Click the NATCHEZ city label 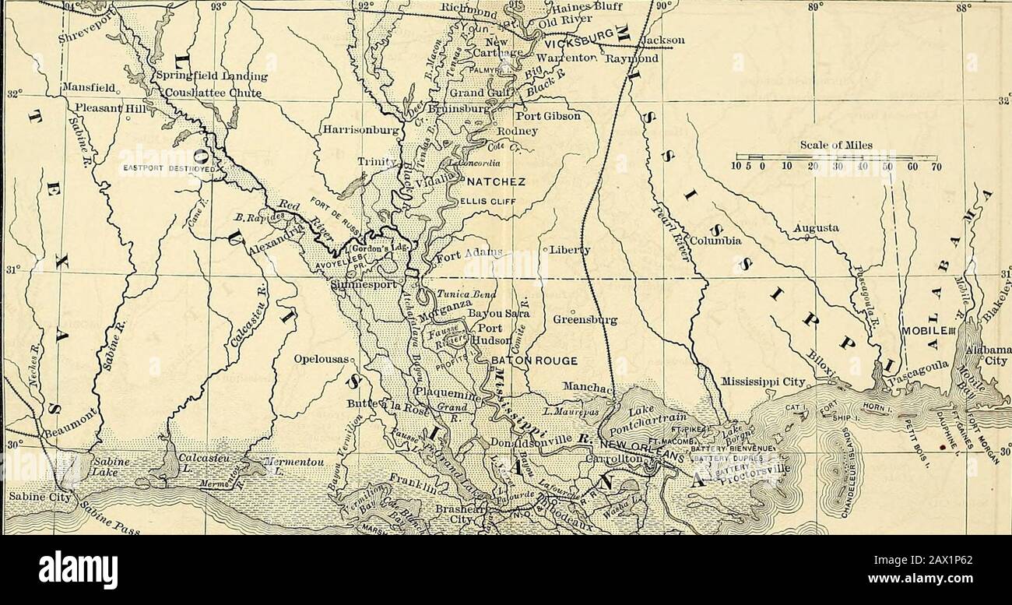coord(495,182)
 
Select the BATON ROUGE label coord(532,361)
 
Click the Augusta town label coord(816,229)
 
